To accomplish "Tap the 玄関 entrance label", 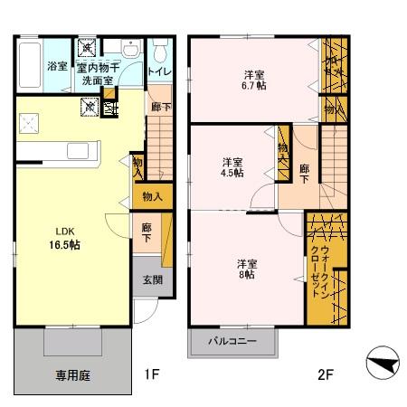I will click(151, 280).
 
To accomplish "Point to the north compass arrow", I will click(383, 365).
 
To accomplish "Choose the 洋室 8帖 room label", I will click(248, 270).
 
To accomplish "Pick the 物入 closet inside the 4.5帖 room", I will click(283, 148).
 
